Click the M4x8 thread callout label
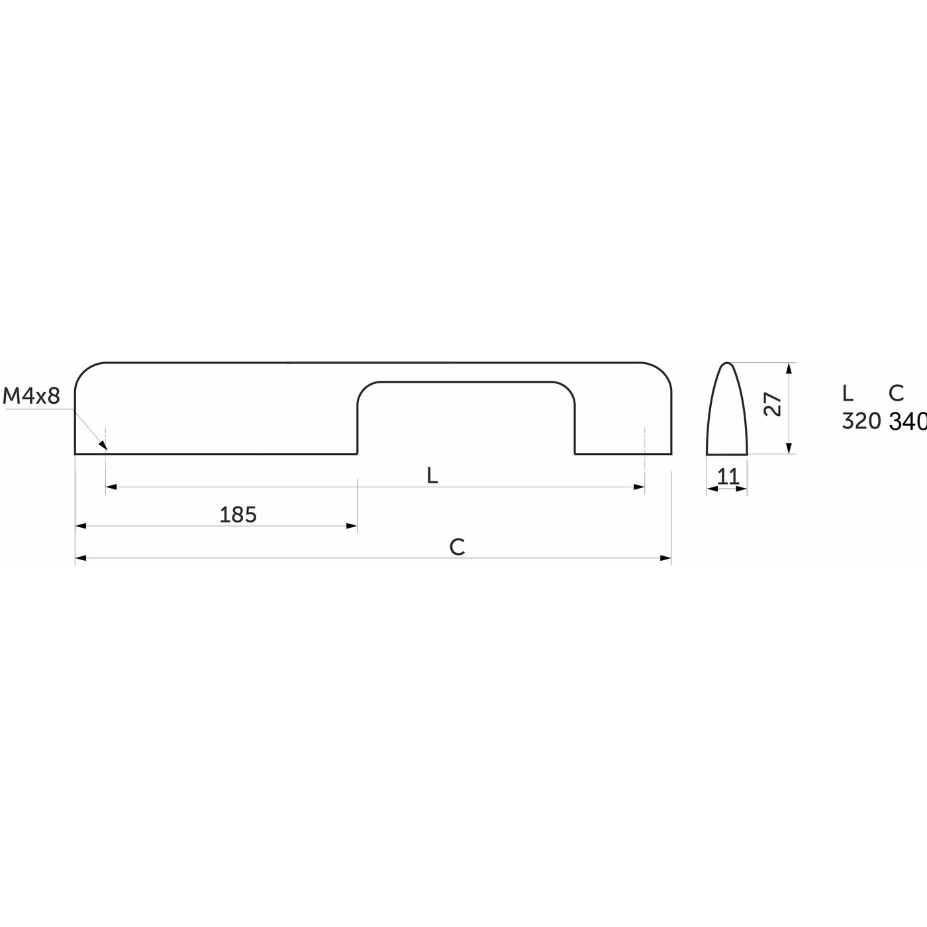(31, 396)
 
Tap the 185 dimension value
(238, 515)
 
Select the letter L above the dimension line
(432, 476)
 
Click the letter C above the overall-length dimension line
(457, 547)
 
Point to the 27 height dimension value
(773, 404)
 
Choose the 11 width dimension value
(728, 477)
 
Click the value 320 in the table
(861, 421)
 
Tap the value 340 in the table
(908, 422)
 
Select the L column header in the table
(848, 393)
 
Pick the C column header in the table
(897, 393)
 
